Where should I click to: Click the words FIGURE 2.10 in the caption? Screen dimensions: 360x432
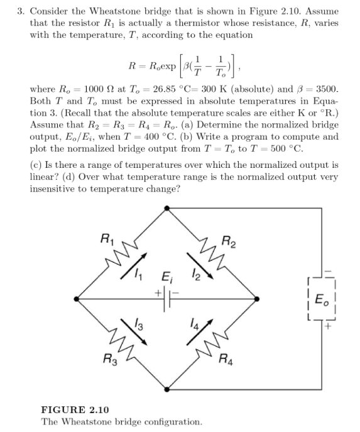tap(69, 409)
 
